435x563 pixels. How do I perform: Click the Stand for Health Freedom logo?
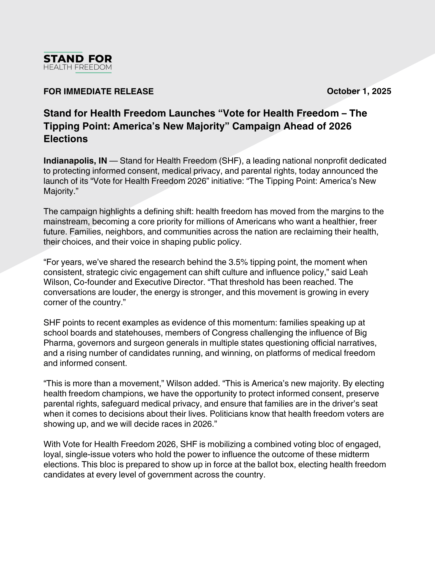pyautogui.click(x=77, y=62)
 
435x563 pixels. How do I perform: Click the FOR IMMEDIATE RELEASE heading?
pyautogui.click(x=99, y=91)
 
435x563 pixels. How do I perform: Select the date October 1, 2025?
pyautogui.click(x=359, y=91)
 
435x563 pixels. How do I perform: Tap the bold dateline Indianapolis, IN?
pyautogui.click(x=75, y=161)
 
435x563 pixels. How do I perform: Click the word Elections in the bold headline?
pyautogui.click(x=66, y=139)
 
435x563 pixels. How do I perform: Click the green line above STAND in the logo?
pyautogui.click(x=63, y=52)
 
